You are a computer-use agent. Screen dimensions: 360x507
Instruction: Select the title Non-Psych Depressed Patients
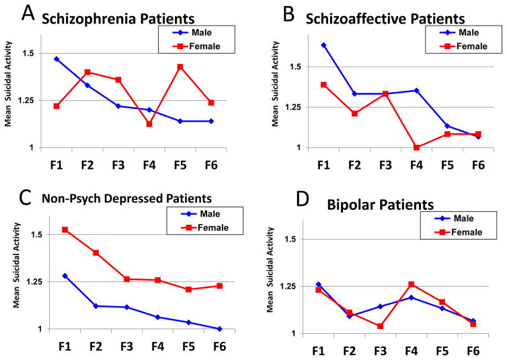tap(126, 199)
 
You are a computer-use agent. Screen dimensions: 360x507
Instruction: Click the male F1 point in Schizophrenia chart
tap(56, 59)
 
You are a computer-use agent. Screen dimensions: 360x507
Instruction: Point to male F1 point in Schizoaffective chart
tap(323, 45)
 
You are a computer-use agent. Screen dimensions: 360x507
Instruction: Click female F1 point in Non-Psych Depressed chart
tap(65, 229)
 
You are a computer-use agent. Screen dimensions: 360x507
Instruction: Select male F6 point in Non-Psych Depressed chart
tap(219, 328)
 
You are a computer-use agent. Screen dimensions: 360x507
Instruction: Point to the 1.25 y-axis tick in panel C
tap(33, 282)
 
